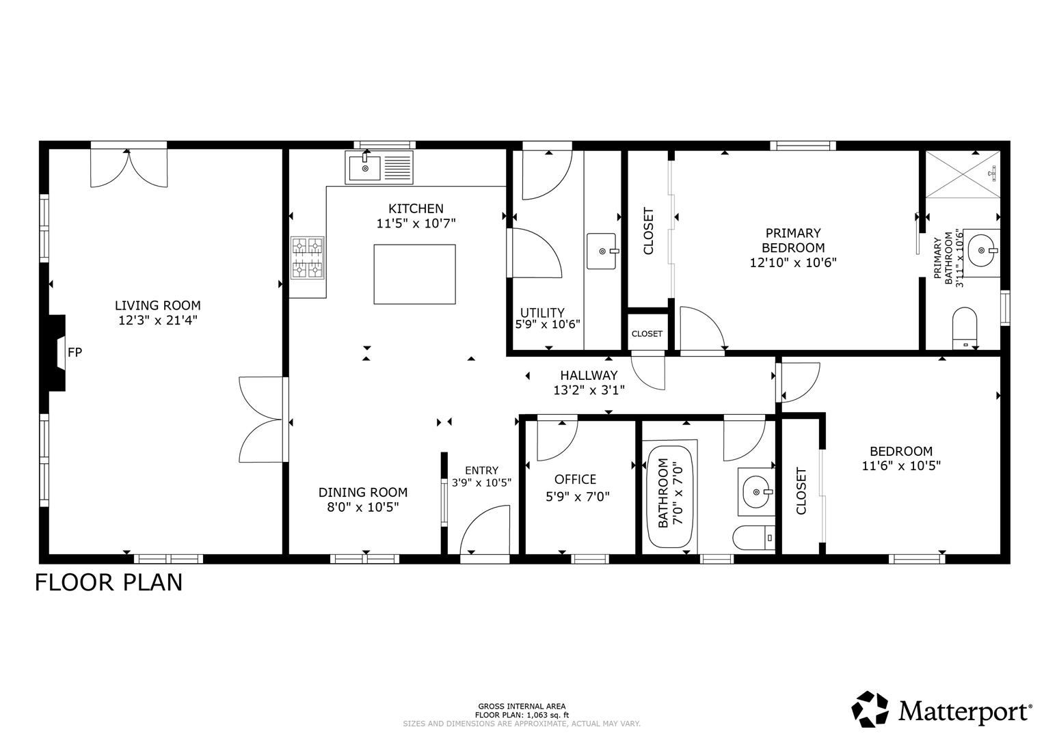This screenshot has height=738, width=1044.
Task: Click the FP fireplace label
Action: [x=75, y=353]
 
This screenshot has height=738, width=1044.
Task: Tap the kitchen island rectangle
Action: [x=414, y=274]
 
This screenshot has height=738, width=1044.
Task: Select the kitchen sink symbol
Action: [x=379, y=167]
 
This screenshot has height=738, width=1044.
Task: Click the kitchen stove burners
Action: [x=308, y=258]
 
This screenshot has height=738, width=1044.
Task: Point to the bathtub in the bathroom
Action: [x=669, y=496]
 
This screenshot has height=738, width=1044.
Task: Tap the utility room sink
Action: [x=602, y=251]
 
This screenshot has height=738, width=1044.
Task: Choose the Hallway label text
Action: [x=589, y=375]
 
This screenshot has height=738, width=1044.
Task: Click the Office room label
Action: [x=575, y=480]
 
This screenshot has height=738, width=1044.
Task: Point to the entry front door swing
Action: [x=485, y=532]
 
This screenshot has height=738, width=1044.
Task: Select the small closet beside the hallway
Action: [x=647, y=333]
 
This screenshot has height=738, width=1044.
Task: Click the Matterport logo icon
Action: [x=870, y=709]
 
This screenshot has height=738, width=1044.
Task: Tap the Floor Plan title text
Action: [x=109, y=582]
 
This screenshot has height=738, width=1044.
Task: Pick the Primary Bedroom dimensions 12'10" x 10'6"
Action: [x=793, y=262]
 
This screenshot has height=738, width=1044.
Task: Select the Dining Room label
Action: [x=363, y=492]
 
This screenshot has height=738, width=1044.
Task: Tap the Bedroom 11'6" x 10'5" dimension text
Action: [x=901, y=466]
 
